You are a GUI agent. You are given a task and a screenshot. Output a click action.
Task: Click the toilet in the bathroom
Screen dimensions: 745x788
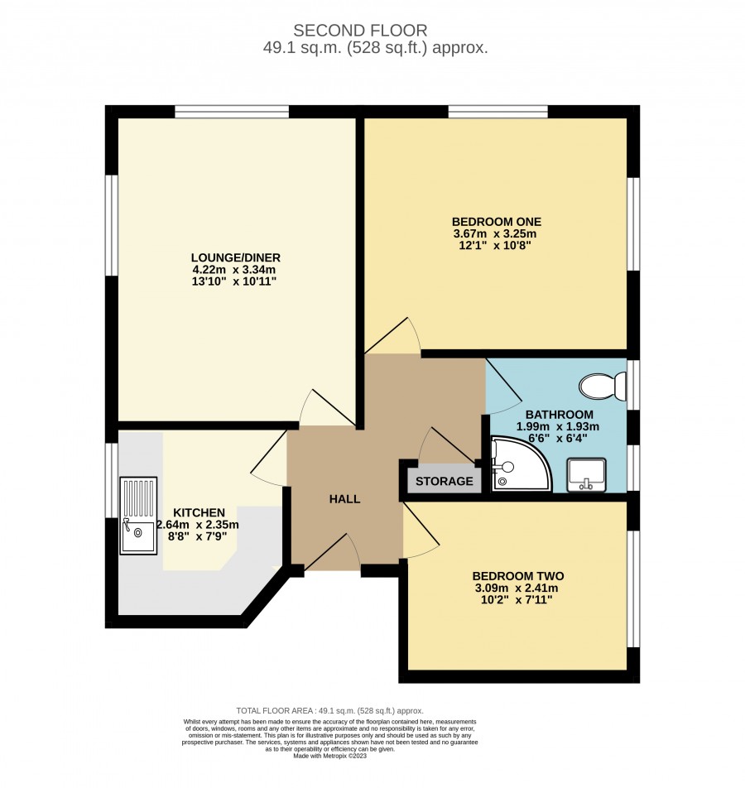[x=603, y=387]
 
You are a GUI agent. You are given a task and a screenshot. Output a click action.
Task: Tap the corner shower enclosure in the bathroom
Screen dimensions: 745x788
[x=518, y=465]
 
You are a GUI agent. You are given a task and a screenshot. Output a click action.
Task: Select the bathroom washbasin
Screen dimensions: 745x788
[x=586, y=474]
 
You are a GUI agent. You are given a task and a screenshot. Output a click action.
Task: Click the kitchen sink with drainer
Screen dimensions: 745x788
[x=138, y=516]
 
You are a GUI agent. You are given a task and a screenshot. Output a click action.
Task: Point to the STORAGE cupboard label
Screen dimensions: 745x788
[x=445, y=482]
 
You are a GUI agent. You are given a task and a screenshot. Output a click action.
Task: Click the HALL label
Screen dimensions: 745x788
[x=345, y=499]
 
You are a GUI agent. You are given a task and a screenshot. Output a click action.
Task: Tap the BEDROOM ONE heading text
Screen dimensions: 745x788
[x=497, y=222]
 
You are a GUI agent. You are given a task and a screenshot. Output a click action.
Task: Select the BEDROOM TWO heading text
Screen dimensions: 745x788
[x=518, y=576]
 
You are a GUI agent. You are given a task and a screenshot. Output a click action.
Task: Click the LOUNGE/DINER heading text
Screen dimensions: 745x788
[x=236, y=257]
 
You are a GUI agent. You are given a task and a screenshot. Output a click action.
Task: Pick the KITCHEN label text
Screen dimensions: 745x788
[x=199, y=512]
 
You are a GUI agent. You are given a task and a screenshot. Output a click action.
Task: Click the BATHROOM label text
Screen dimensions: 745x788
[x=560, y=415]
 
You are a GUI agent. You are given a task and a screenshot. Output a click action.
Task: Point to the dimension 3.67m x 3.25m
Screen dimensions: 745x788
[x=495, y=233]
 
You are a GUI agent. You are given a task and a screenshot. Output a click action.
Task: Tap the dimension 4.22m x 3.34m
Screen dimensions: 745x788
[x=234, y=269]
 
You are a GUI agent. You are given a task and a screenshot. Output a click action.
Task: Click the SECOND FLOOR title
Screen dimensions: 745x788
[x=360, y=31]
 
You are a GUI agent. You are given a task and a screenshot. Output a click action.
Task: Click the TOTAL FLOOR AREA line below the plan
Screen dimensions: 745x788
[x=329, y=710]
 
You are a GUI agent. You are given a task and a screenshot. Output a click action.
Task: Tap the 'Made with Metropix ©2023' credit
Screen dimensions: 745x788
[x=330, y=756]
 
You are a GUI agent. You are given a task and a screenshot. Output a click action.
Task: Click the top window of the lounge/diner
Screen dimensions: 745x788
[x=233, y=112]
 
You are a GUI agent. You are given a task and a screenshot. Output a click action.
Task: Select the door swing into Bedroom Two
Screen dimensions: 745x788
[x=421, y=531]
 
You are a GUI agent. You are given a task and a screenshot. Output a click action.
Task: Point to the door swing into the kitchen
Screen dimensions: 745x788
[x=269, y=457]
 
